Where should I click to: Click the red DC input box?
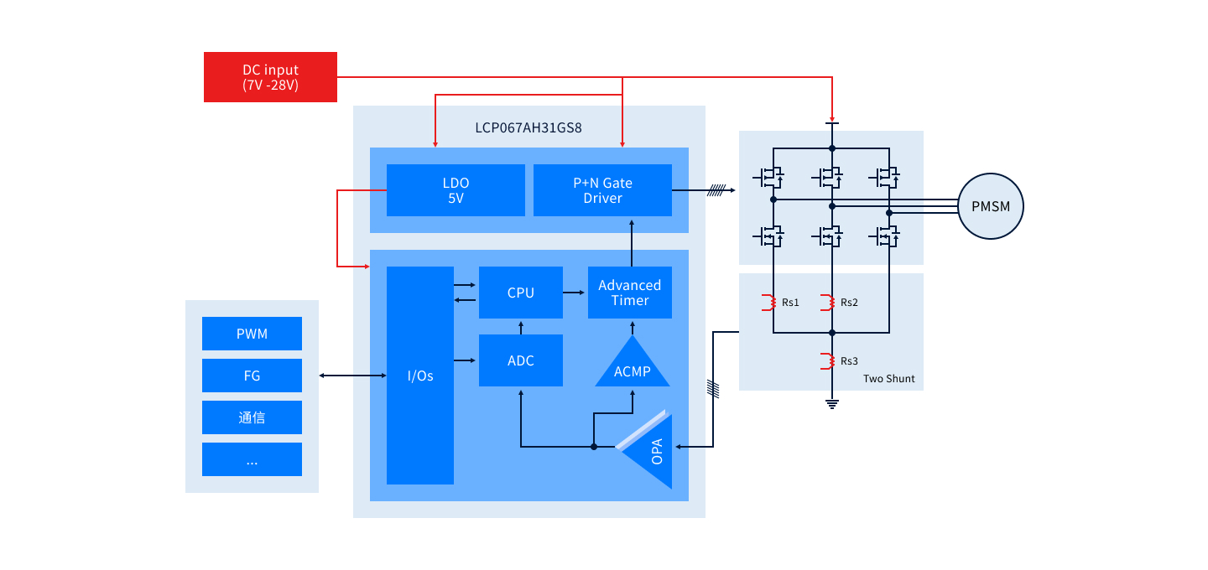(x=270, y=77)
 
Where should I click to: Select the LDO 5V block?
(x=456, y=190)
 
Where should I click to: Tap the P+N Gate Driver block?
(x=602, y=190)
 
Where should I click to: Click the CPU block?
(x=520, y=293)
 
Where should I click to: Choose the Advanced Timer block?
(x=629, y=293)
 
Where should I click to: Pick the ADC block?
(x=520, y=360)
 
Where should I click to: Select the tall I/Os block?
(x=419, y=376)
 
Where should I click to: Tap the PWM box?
(x=252, y=334)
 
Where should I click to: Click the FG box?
(x=252, y=376)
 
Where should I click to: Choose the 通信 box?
(x=252, y=417)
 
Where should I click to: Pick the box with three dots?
(x=252, y=459)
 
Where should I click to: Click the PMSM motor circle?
(x=991, y=206)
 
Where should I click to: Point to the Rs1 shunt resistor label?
(x=790, y=302)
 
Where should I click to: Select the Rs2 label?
(x=849, y=302)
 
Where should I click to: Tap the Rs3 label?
(x=849, y=361)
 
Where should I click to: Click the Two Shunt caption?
(x=888, y=379)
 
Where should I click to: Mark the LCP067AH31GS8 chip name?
(x=528, y=128)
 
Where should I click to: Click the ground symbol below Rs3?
(x=832, y=404)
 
